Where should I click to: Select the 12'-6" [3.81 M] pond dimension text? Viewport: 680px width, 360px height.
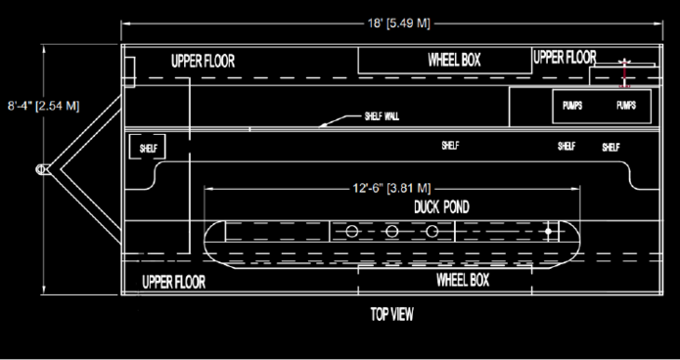pos(391,188)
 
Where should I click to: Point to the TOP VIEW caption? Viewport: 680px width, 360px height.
pos(391,315)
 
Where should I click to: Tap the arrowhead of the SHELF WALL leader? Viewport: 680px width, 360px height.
pos(324,124)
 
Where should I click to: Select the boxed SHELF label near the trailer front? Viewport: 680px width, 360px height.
pos(148,147)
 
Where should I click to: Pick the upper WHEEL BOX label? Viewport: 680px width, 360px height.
pos(454,61)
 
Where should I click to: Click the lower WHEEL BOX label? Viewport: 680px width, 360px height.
pos(461,280)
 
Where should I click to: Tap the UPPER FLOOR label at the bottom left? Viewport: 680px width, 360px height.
pos(173,283)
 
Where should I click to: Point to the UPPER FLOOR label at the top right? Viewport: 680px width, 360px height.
pos(565,57)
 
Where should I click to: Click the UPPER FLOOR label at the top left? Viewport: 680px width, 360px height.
pos(204,61)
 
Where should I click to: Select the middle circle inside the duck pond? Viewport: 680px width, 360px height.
pos(391,232)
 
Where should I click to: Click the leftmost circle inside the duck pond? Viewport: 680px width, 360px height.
pos(350,232)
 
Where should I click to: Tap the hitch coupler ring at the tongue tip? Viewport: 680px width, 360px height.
pos(43,168)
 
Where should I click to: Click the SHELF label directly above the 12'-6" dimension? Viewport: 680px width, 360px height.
pos(450,146)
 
